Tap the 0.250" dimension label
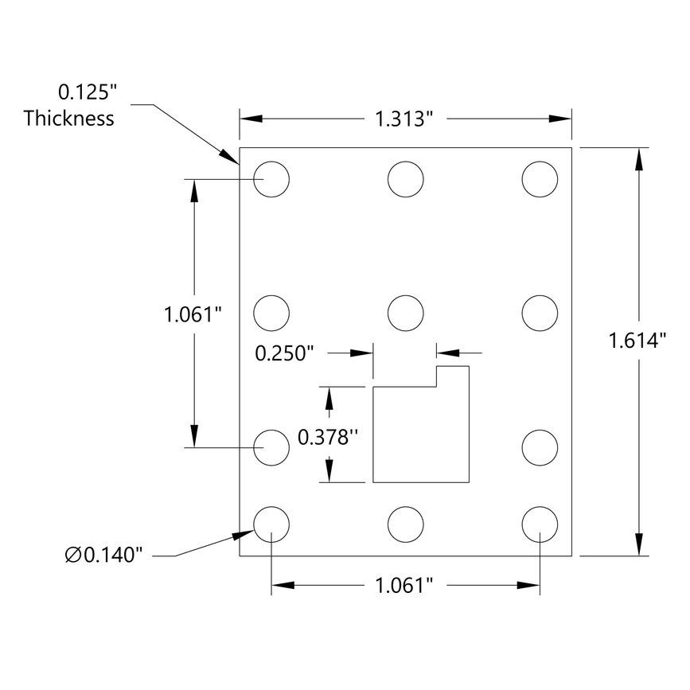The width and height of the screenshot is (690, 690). click(285, 353)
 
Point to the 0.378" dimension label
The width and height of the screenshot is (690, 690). click(324, 436)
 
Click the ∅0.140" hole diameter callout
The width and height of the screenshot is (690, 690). click(105, 555)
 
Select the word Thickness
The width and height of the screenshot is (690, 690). click(68, 119)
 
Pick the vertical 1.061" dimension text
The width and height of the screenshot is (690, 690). click(192, 314)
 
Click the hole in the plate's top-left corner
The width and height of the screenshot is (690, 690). click(271, 179)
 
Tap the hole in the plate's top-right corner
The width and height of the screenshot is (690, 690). click(540, 179)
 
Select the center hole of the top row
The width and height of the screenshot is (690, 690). click(406, 179)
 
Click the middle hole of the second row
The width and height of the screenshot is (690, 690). click(406, 312)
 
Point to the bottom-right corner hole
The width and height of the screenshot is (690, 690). click(540, 524)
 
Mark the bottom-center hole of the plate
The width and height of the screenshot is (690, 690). click(406, 524)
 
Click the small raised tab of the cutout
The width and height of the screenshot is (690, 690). click(452, 376)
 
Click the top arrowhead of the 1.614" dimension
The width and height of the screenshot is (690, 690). click(637, 158)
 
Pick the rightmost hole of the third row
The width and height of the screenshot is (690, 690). click(540, 446)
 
